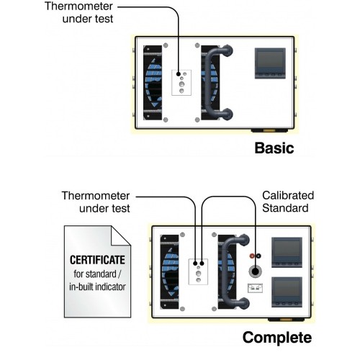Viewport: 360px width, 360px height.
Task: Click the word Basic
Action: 274,148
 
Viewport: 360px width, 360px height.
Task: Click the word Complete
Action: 277,338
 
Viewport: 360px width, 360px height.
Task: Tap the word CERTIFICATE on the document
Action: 97,260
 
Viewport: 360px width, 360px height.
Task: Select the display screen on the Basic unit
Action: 270,63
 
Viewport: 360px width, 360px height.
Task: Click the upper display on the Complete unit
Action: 287,252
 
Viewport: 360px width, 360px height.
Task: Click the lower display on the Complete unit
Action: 287,292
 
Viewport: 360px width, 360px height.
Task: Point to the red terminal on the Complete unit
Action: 252,256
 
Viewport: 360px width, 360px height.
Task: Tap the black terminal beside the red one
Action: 258,256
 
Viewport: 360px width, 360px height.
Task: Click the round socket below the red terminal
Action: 255,271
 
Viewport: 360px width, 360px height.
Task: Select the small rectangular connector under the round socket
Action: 255,288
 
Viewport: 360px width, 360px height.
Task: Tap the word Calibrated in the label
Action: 288,195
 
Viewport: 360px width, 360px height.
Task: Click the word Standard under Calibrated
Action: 285,208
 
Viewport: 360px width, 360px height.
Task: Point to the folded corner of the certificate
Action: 121,235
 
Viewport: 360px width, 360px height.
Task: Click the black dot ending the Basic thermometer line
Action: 179,74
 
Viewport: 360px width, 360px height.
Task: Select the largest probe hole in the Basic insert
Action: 181,84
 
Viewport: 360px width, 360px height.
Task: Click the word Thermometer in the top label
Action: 78,6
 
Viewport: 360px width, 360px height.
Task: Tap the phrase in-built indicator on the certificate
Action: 97,287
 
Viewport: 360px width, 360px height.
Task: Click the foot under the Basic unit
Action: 269,130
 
